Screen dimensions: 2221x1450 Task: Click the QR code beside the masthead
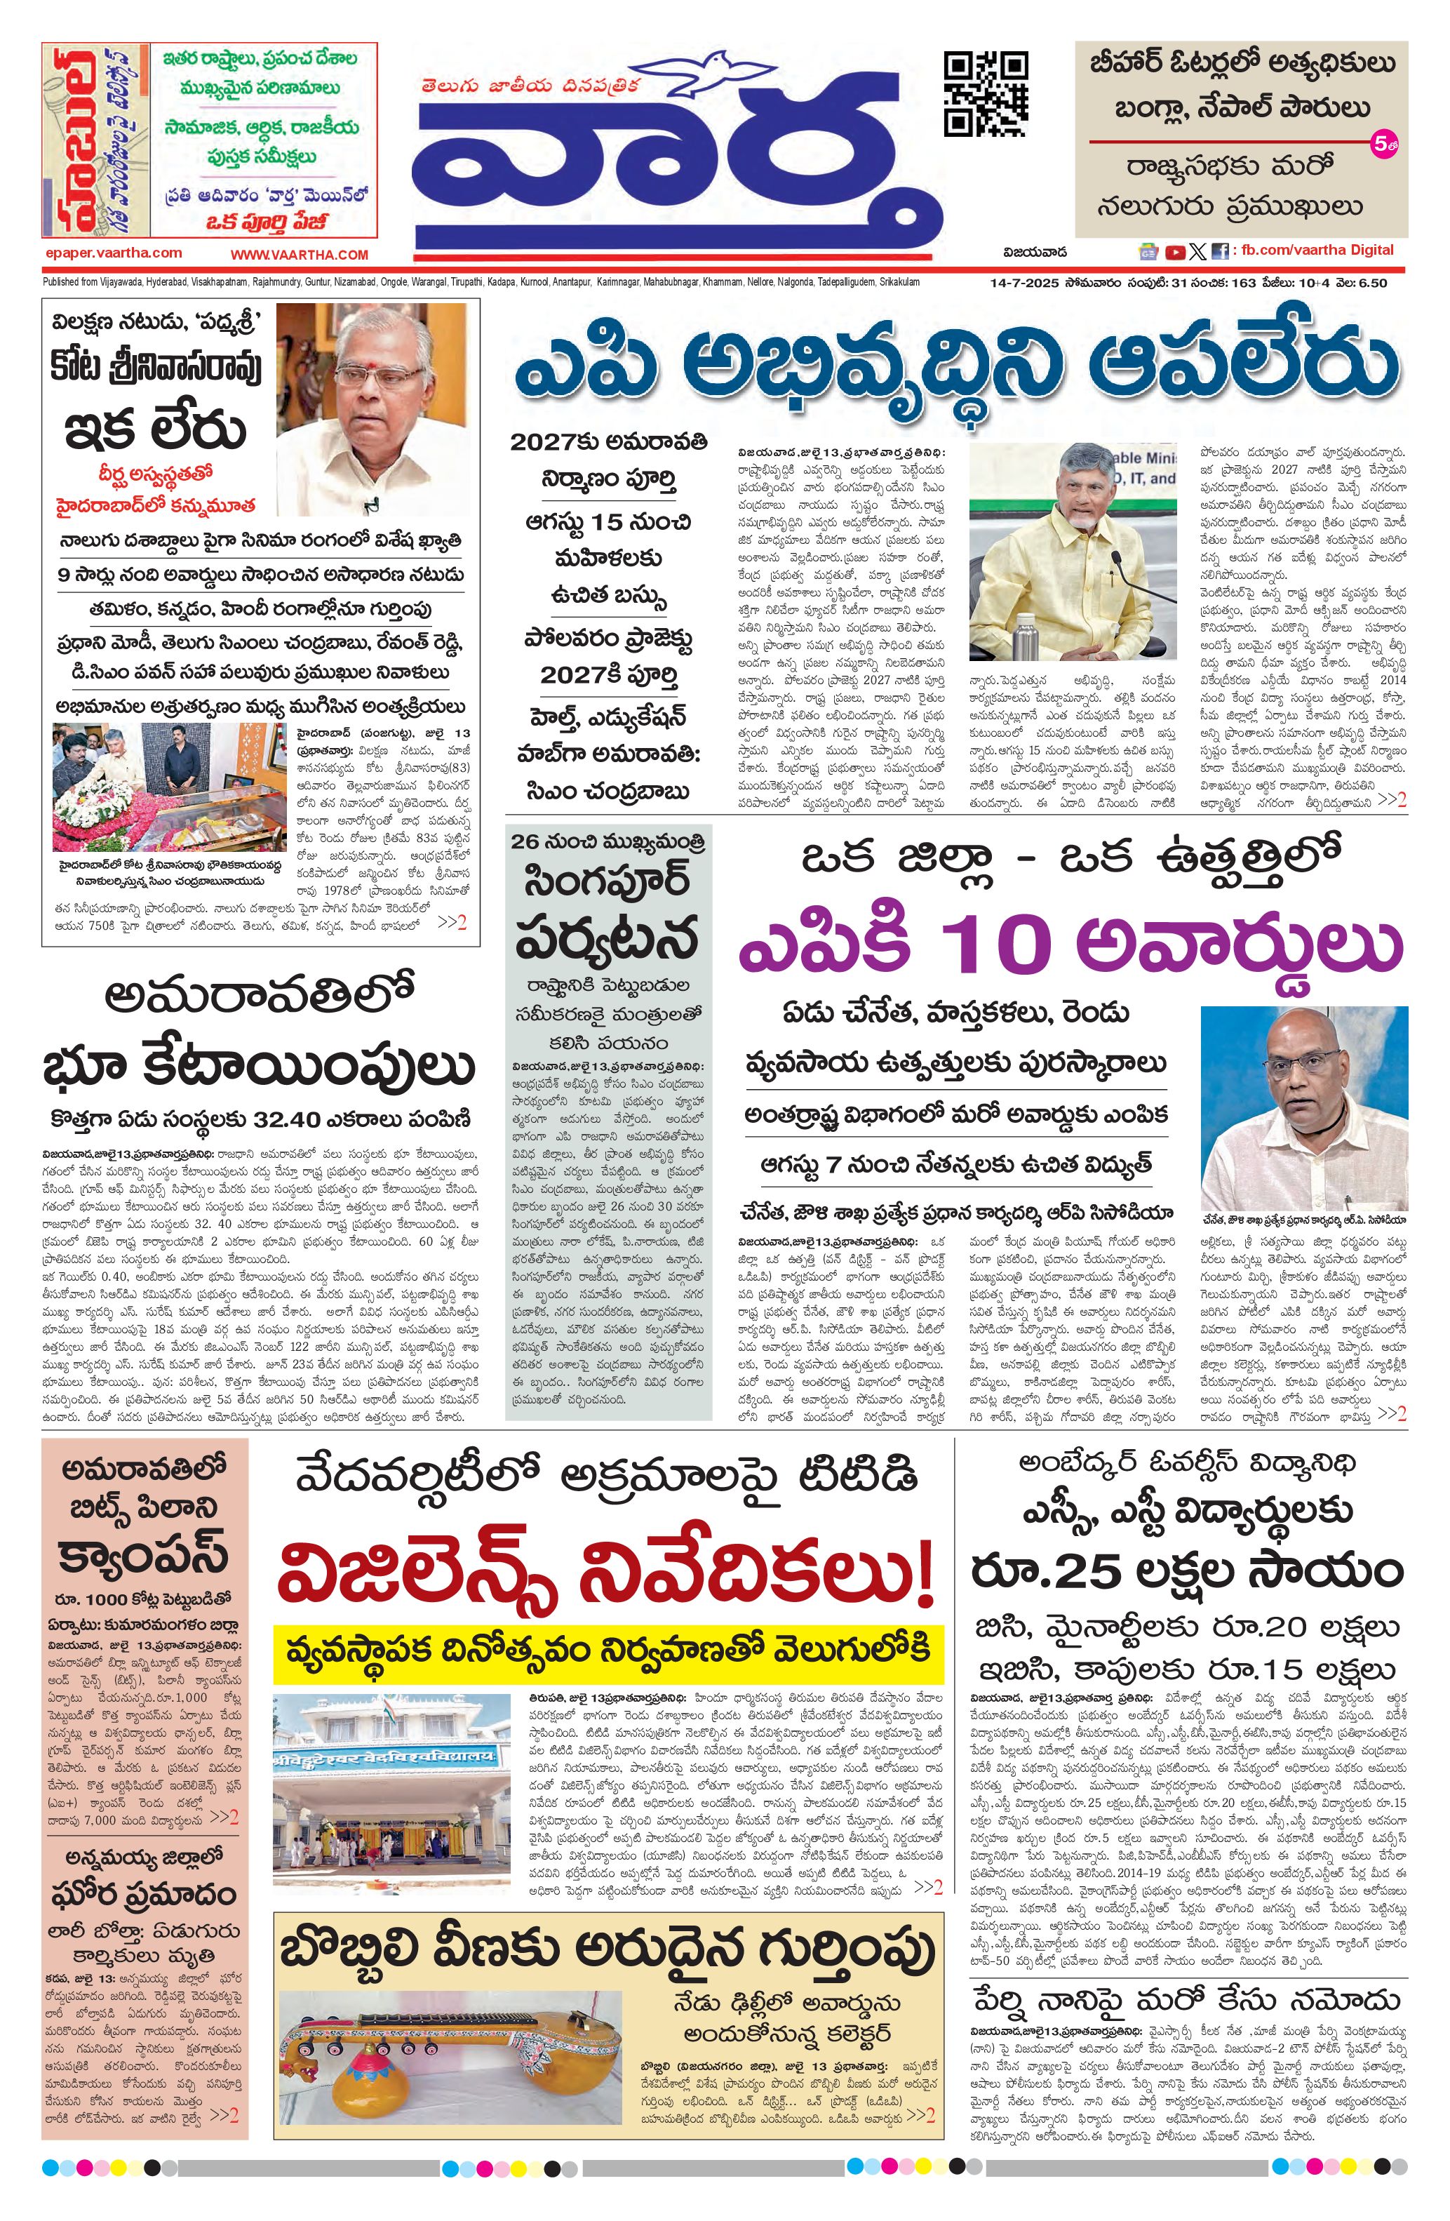point(986,94)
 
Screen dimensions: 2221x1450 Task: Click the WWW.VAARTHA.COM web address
point(300,254)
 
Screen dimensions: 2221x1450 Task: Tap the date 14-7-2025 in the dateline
point(1024,283)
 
